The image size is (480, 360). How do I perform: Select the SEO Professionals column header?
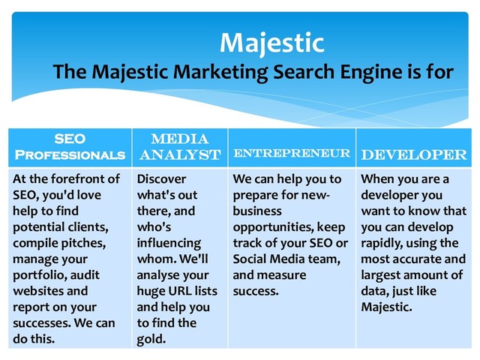[x=70, y=146]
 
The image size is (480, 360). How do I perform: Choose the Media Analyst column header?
[x=179, y=146]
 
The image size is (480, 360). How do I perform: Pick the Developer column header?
[x=413, y=154]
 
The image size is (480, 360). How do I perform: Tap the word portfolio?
[x=38, y=275]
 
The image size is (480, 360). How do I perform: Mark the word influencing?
[x=169, y=243]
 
